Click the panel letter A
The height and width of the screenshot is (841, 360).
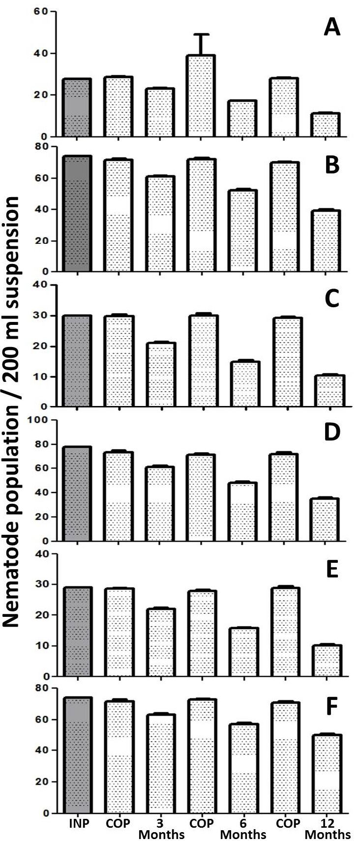pos(332,28)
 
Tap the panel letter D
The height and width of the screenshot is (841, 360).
pos(332,432)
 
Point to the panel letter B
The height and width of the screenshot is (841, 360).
pos(332,166)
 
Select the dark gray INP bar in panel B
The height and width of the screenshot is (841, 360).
pos(77,214)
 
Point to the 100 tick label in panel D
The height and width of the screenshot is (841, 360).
pos(37,420)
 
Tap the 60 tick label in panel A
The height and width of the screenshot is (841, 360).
pos(40,12)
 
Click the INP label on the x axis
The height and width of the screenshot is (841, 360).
pos(79,823)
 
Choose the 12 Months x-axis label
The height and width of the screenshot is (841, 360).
pos(328,829)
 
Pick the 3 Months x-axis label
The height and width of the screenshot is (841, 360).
pos(161,829)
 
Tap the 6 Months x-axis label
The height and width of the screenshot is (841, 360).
pos(243,829)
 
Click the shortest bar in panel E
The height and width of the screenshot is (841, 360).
pos(327,661)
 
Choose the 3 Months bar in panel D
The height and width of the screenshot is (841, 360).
pos(160,503)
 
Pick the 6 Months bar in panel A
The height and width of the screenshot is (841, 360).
pos(242,118)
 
